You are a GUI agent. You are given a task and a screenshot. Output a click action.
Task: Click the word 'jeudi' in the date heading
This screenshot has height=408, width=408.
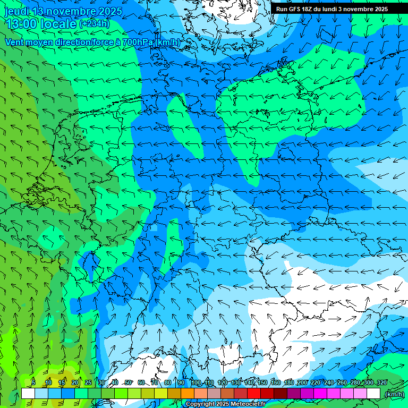(17, 11)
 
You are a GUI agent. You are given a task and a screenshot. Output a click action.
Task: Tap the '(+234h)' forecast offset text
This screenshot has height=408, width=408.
(95, 24)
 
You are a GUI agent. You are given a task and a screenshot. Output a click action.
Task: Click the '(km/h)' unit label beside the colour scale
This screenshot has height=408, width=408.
(394, 394)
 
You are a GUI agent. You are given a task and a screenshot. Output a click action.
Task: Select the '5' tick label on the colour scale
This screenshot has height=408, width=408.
(33, 383)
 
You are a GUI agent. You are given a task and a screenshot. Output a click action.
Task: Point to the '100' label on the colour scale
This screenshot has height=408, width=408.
(196, 383)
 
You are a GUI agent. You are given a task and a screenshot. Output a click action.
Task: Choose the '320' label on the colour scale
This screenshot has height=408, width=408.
(382, 383)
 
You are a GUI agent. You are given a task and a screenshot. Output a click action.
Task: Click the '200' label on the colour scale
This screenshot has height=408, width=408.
(302, 383)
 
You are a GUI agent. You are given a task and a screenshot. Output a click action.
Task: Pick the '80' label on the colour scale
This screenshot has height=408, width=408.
(168, 383)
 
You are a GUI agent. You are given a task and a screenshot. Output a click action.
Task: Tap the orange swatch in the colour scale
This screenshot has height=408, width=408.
(187, 394)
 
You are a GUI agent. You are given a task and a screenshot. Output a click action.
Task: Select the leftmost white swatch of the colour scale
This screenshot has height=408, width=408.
(28, 394)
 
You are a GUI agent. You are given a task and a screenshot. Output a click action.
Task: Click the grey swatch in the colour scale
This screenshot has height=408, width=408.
(214, 394)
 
